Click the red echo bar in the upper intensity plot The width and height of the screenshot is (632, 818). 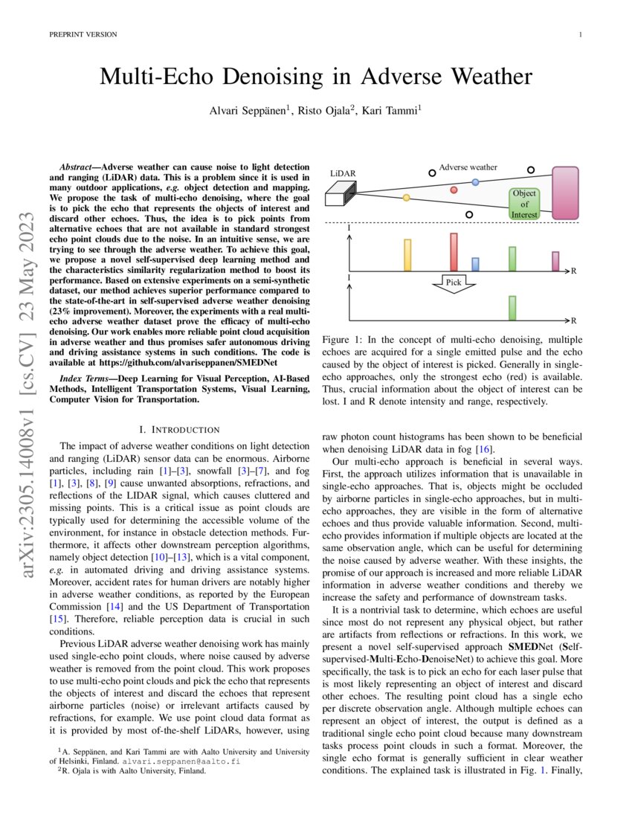coord(454,252)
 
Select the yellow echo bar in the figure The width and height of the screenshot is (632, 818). coord(407,255)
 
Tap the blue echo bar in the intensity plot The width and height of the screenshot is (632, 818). coord(476,264)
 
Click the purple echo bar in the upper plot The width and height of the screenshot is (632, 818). coord(555,261)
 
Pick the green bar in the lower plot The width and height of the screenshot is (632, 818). coord(512,307)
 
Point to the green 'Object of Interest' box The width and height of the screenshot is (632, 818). coord(524,204)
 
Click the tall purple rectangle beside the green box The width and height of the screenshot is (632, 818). coord(565,193)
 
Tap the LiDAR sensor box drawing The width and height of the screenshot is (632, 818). coord(341,194)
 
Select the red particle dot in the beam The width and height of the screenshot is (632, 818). coord(454,190)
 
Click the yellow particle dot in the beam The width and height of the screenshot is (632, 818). coord(406,198)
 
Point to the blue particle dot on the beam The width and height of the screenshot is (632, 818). coord(476,181)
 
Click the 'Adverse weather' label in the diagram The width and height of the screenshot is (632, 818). coord(468,167)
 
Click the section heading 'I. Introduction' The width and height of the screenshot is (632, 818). coord(179,430)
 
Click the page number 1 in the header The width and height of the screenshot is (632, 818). coord(580,35)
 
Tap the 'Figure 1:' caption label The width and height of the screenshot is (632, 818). coord(343,340)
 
